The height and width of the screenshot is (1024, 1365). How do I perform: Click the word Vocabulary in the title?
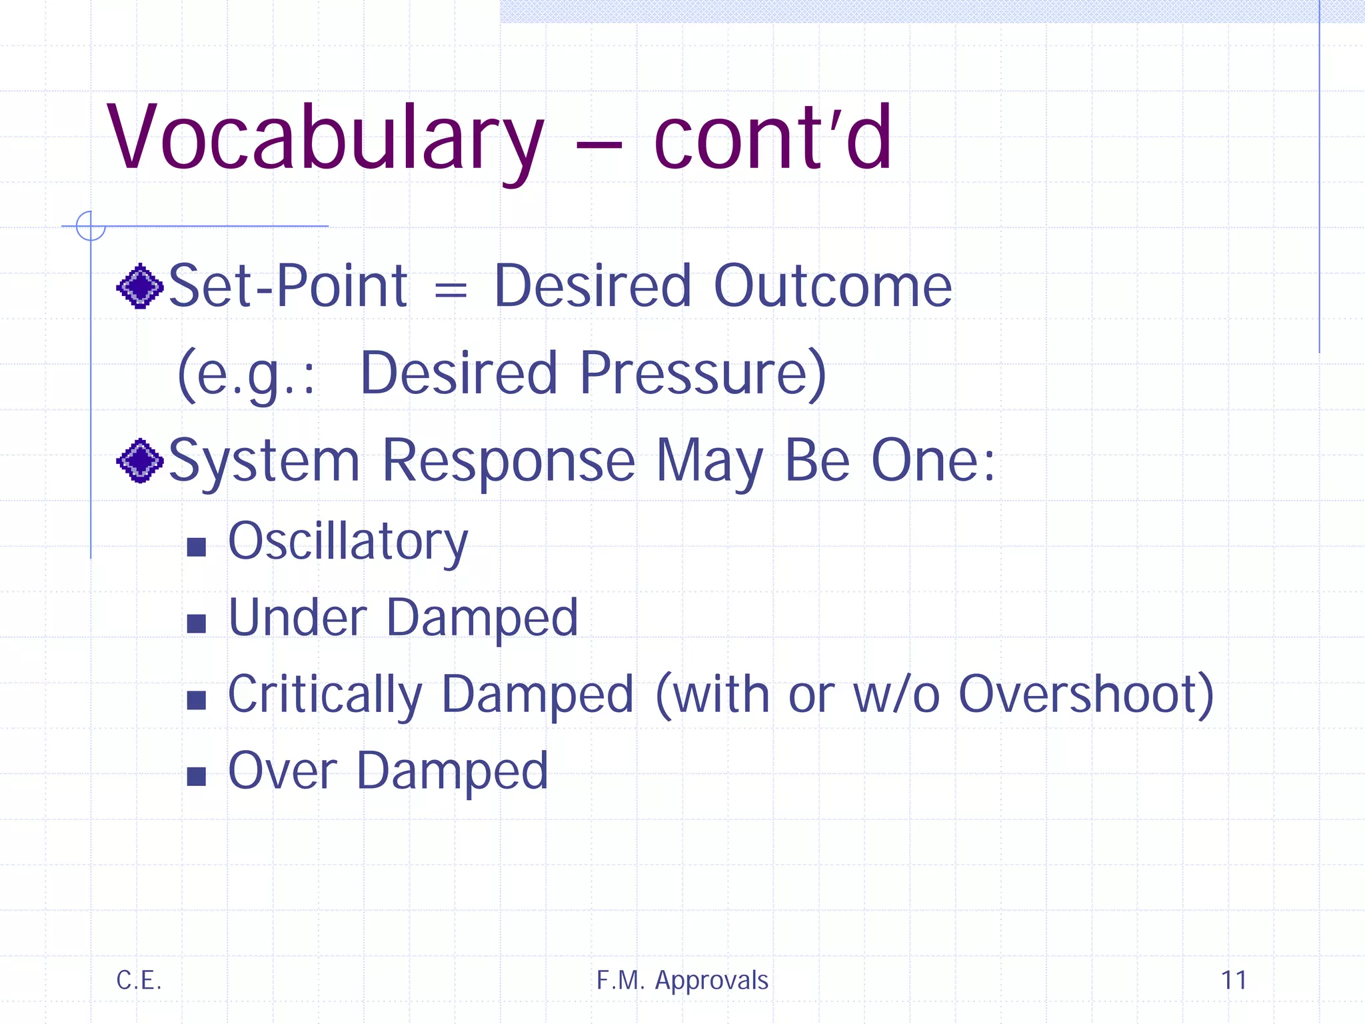pyautogui.click(x=325, y=139)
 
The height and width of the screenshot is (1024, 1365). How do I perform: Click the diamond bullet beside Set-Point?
pyautogui.click(x=140, y=287)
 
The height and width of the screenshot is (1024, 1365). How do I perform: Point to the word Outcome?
pyautogui.click(x=832, y=287)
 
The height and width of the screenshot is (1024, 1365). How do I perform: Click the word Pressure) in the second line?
pyautogui.click(x=703, y=373)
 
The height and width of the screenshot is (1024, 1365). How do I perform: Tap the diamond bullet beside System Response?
pyautogui.click(x=140, y=461)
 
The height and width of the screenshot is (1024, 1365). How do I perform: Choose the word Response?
pyautogui.click(x=509, y=461)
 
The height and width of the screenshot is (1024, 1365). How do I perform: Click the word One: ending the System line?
pyautogui.click(x=932, y=461)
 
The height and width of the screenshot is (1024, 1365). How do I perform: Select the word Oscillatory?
pyautogui.click(x=348, y=542)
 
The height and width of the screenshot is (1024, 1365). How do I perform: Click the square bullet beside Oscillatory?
pyautogui.click(x=196, y=547)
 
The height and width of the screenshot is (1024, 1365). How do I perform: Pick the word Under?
pyautogui.click(x=298, y=617)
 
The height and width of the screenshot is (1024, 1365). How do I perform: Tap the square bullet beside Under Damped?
pyautogui.click(x=196, y=624)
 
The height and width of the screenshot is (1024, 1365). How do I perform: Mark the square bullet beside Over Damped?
pyautogui.click(x=196, y=777)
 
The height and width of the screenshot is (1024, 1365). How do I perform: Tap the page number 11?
pyautogui.click(x=1234, y=981)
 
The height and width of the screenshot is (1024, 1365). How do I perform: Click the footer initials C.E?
pyautogui.click(x=139, y=981)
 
